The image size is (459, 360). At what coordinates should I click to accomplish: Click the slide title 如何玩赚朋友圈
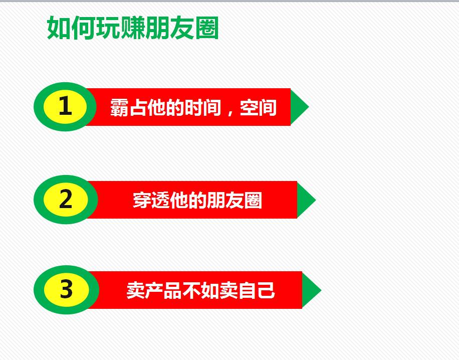pyautogui.click(x=133, y=28)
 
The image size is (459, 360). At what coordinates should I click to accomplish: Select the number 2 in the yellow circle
pyautogui.click(x=66, y=199)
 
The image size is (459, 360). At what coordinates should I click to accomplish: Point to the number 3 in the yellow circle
pyautogui.click(x=66, y=289)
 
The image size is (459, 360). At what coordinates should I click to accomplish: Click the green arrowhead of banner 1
pyautogui.click(x=299, y=107)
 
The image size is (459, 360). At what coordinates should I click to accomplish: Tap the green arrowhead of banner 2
pyautogui.click(x=306, y=200)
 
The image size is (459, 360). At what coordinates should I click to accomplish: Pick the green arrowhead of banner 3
pyautogui.click(x=311, y=290)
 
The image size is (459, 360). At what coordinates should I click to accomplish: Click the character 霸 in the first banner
pyautogui.click(x=119, y=107)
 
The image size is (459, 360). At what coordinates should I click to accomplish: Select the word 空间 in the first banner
pyautogui.click(x=258, y=107)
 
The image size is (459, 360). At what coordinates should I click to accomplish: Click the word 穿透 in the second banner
pyautogui.click(x=151, y=201)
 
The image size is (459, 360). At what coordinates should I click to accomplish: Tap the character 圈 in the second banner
pyautogui.click(x=253, y=201)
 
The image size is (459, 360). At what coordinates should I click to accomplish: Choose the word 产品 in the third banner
pyautogui.click(x=163, y=291)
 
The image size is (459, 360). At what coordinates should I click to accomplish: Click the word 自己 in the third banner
pyautogui.click(x=257, y=291)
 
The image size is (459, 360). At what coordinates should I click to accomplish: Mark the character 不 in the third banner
pyautogui.click(x=191, y=291)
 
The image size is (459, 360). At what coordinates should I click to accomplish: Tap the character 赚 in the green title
pyautogui.click(x=133, y=28)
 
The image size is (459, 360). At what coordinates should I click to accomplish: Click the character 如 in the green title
pyautogui.click(x=59, y=28)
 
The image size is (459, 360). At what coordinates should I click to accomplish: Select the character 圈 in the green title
pyautogui.click(x=206, y=28)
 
